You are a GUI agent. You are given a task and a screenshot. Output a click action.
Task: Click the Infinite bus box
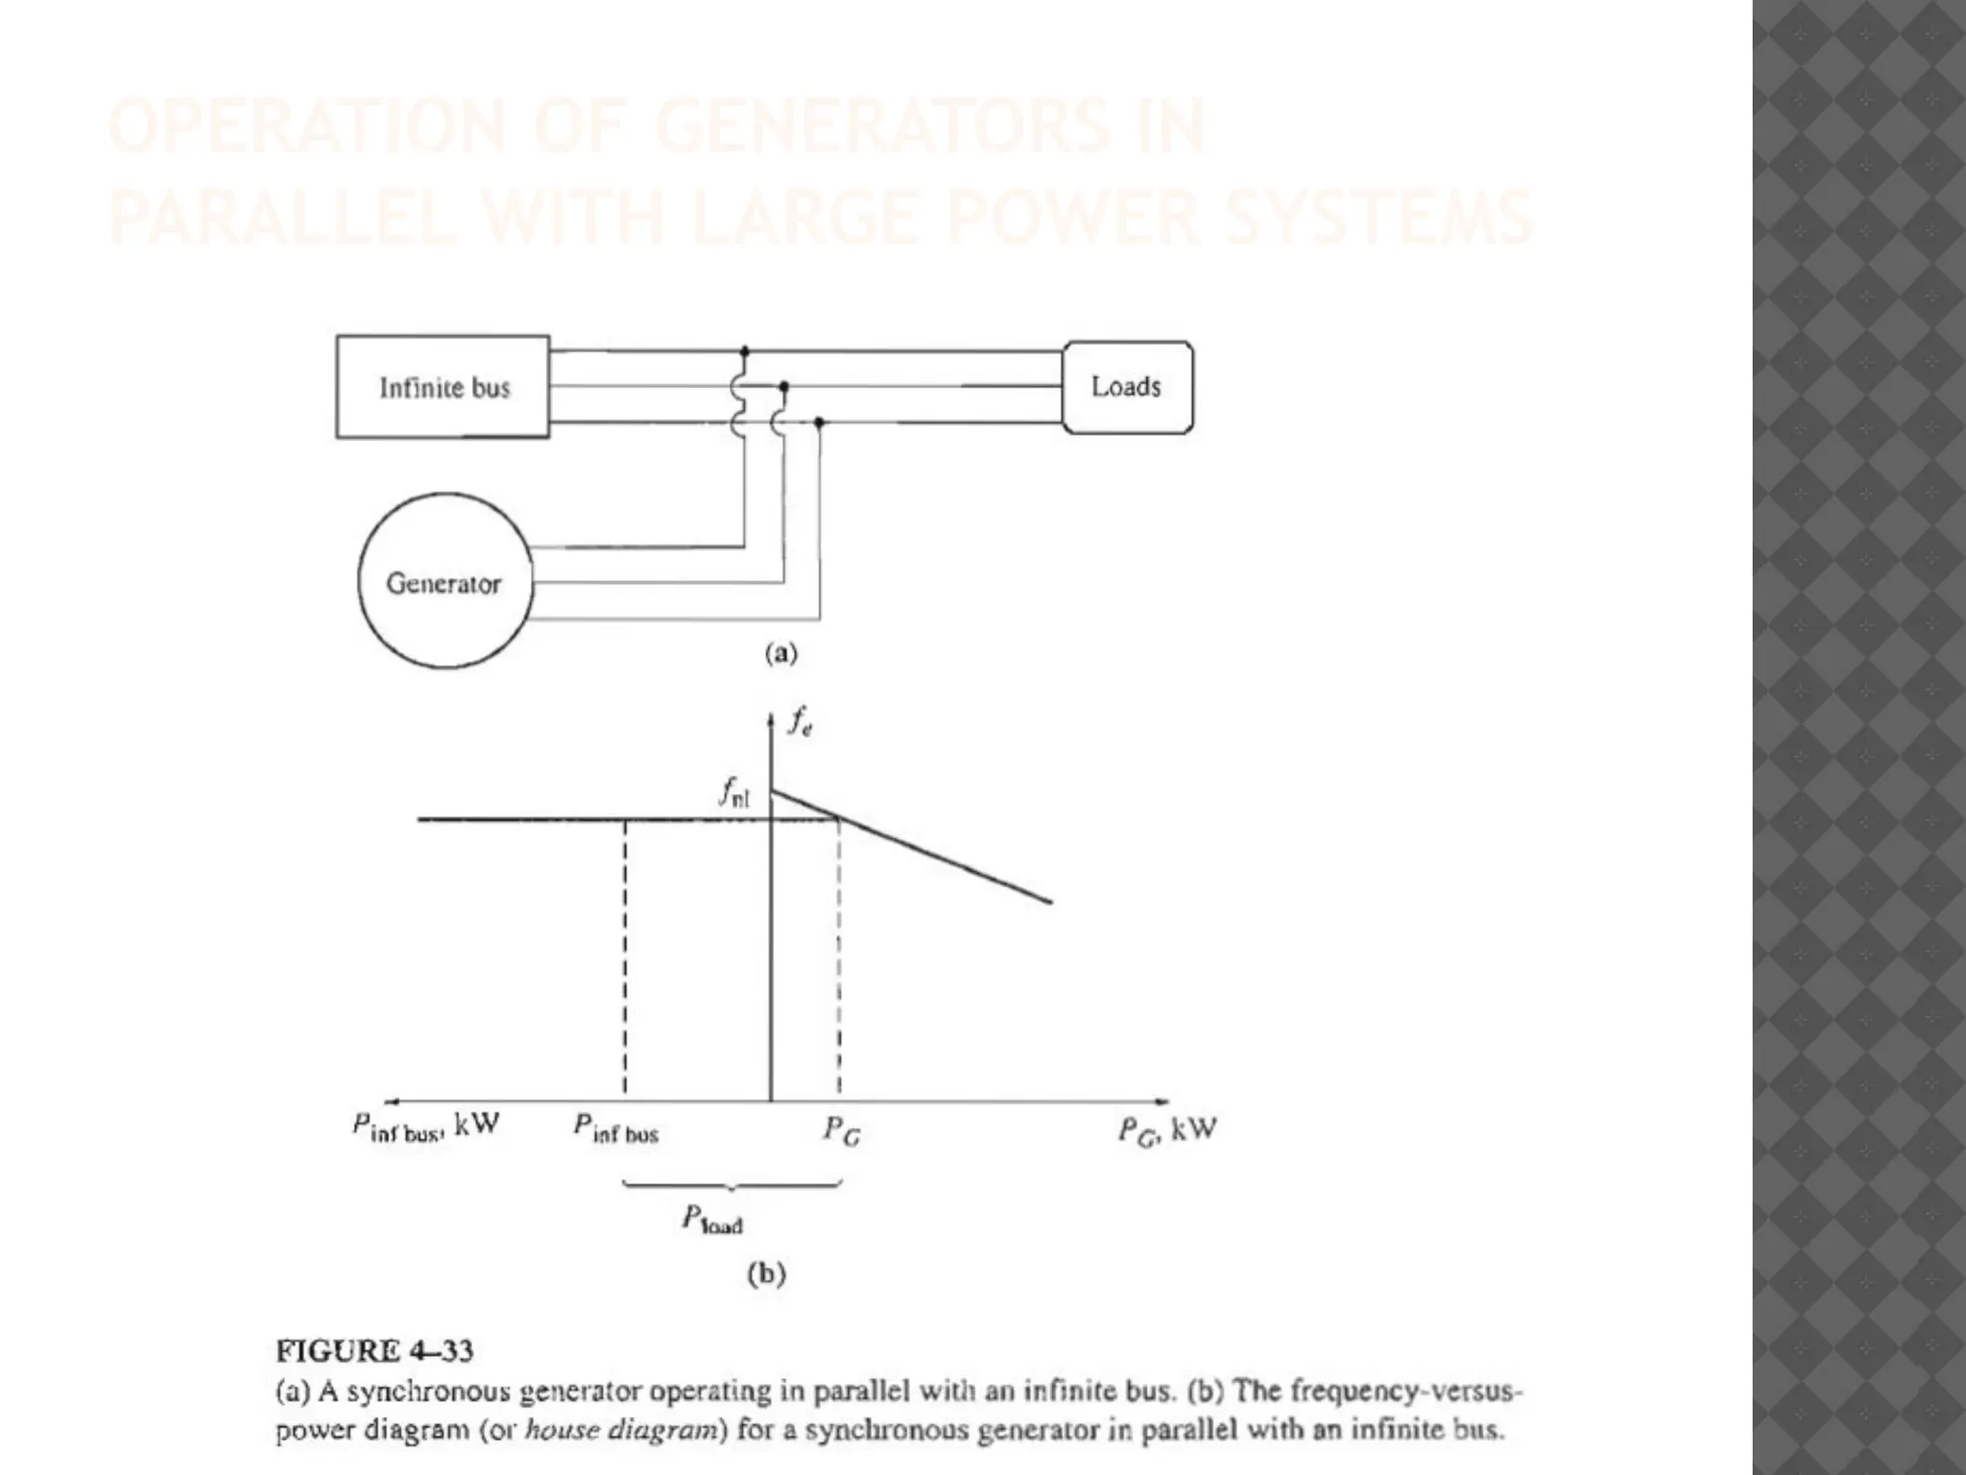coord(443,387)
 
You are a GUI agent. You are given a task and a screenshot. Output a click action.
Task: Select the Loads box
coord(1127,387)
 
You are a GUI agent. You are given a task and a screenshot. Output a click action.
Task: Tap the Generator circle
coord(444,582)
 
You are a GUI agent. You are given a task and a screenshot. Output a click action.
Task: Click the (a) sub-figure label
coord(780,654)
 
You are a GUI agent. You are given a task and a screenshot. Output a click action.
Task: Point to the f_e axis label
coord(800,723)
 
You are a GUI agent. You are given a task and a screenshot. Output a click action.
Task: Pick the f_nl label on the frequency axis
coord(735,793)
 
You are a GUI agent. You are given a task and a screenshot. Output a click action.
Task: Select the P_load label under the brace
coord(712,1221)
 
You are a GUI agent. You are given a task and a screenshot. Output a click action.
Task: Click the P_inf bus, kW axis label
coord(425,1127)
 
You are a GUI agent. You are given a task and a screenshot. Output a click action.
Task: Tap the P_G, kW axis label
coord(1166,1129)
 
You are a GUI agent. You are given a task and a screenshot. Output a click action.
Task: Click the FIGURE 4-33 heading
coord(374,1351)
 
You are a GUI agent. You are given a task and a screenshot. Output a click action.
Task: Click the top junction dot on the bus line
coord(745,351)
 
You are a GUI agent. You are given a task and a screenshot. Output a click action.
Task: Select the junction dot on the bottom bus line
coord(819,422)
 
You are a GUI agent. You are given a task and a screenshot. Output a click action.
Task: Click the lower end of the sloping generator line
coord(1051,902)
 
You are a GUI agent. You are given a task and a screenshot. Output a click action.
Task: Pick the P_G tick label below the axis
coord(842,1130)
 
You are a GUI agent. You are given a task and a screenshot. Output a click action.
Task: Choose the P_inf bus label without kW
coord(616,1129)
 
